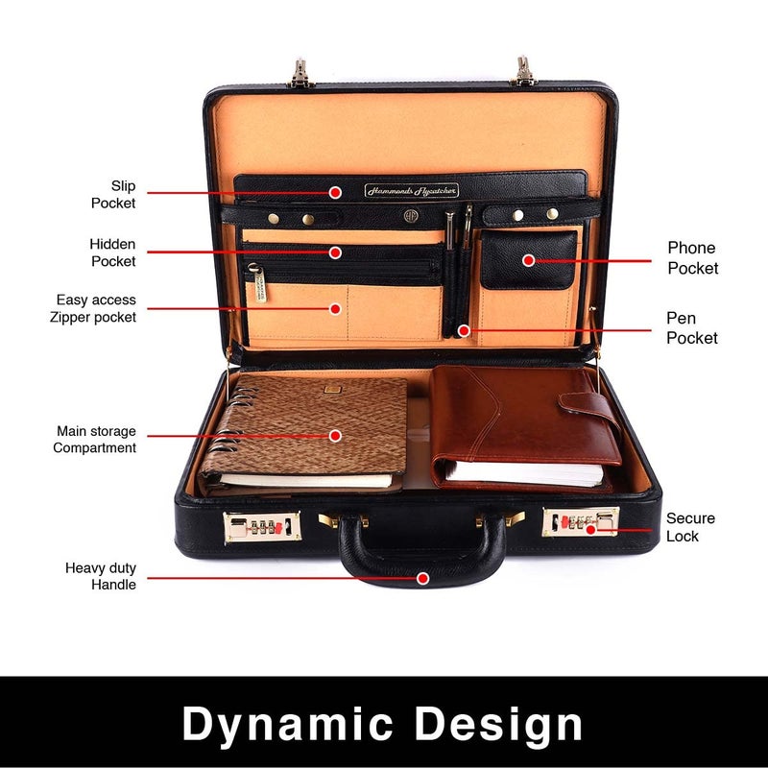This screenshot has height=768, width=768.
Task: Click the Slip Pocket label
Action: tap(113, 194)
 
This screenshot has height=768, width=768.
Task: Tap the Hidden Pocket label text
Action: tap(112, 252)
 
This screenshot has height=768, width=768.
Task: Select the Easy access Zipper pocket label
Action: tap(96, 308)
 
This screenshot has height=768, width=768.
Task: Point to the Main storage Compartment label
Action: tap(96, 440)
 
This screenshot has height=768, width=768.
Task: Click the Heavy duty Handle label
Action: tap(101, 576)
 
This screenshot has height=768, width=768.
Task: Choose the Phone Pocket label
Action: tap(692, 258)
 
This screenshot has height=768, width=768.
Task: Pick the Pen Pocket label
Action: tap(692, 327)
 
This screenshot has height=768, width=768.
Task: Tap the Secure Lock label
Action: tap(690, 527)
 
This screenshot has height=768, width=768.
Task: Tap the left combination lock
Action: tap(262, 527)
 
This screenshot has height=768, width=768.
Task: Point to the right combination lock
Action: tap(580, 522)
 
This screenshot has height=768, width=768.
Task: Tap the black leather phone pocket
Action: tap(528, 259)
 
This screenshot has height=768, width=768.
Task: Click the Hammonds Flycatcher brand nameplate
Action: tap(411, 190)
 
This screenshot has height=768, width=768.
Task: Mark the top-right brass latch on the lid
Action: tap(524, 71)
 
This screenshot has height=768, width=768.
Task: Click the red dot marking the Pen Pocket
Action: tap(464, 330)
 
